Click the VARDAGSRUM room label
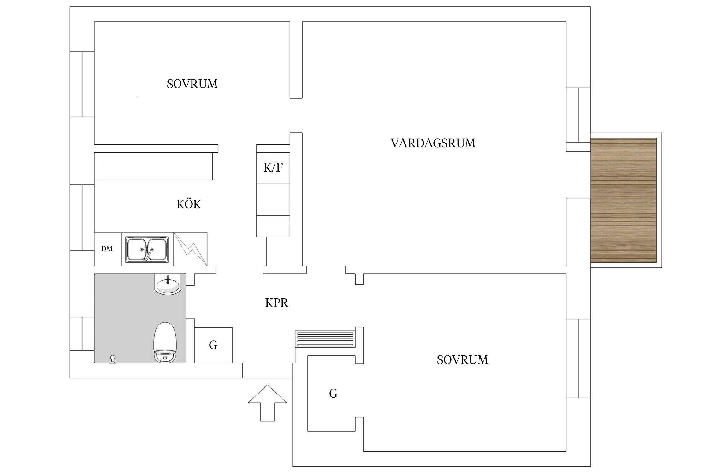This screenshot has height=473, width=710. coord(433,143)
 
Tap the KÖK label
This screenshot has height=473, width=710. coord(188,204)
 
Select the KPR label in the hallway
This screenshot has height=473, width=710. coord(276,303)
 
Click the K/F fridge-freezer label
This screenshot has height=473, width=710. coord(273,167)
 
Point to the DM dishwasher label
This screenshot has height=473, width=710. coord(107,249)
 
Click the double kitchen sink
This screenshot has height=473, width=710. coord(147,249)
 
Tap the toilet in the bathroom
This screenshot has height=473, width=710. coord(165,342)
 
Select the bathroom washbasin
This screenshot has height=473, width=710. coord(168,284)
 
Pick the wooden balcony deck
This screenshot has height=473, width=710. coord(624,200)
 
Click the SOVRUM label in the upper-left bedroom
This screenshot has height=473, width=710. coord(192,84)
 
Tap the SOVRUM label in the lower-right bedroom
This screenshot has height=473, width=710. coord(462,360)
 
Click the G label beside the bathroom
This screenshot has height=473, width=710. coord(213,345)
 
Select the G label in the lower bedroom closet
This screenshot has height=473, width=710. coord(333,394)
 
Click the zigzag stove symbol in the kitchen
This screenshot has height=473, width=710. coord(190,249)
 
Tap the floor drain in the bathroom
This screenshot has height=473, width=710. coord(112,359)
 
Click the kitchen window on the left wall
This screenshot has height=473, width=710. coord(82,218)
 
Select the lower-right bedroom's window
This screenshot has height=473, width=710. coord(578,358)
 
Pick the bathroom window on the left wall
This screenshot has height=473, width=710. coord(82,334)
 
